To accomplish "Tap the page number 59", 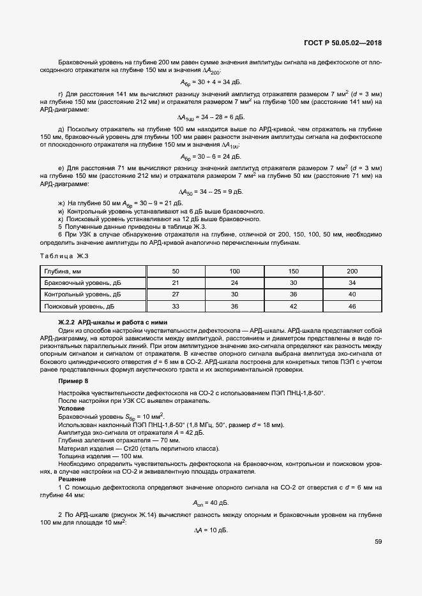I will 378,542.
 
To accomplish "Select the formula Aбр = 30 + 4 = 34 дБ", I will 210,82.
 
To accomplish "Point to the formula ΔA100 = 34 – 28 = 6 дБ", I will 210,117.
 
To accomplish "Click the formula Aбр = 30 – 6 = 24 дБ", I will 210,156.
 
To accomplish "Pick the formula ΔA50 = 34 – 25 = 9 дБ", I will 210,192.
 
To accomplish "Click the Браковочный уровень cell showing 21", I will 176,283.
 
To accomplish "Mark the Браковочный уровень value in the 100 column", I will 234,283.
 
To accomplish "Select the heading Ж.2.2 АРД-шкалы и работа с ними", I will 105,322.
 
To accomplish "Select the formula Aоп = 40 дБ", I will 210,502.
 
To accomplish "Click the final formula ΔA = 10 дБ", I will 210,530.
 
